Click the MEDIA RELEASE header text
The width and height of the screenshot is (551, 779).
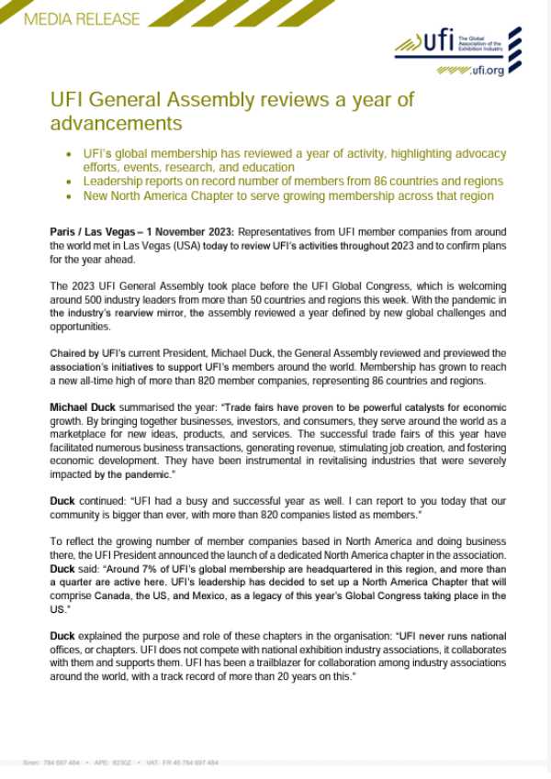point(71,18)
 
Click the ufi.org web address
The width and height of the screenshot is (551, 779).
point(487,71)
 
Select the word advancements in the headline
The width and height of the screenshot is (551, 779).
point(115,122)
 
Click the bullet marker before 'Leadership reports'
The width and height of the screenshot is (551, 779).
point(69,182)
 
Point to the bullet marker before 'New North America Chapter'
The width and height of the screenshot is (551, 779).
point(69,195)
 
